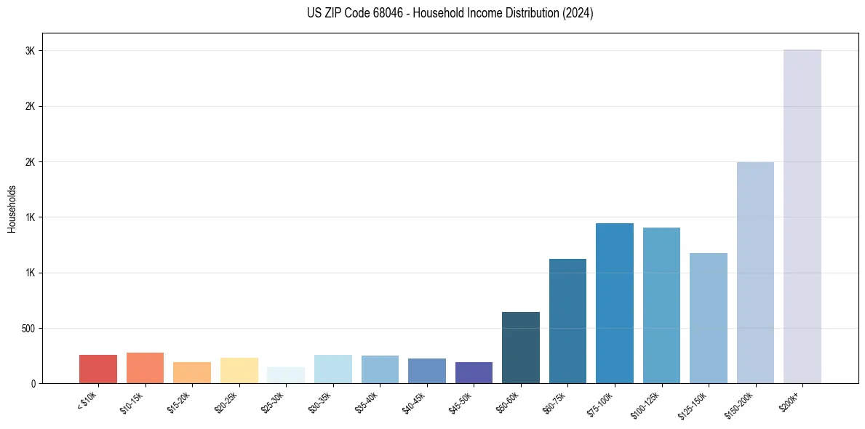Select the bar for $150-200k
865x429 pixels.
pyautogui.click(x=755, y=272)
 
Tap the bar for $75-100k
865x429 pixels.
pyautogui.click(x=614, y=302)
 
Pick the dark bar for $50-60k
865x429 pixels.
pyautogui.click(x=520, y=347)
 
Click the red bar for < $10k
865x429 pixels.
pyautogui.click(x=98, y=369)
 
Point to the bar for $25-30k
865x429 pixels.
pyautogui.click(x=286, y=374)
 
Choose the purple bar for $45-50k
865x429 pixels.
pyautogui.click(x=474, y=372)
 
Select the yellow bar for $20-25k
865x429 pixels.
pyautogui.click(x=239, y=370)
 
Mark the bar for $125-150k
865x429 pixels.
pyautogui.click(x=708, y=318)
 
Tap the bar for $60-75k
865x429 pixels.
pyautogui.click(x=567, y=321)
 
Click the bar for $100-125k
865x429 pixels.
pyautogui.click(x=661, y=305)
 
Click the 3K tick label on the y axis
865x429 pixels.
pyautogui.click(x=29, y=51)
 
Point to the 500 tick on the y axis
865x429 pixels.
pyautogui.click(x=27, y=328)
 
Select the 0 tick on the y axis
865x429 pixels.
pyautogui.click(x=33, y=383)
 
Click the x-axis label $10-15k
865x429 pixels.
pyautogui.click(x=132, y=401)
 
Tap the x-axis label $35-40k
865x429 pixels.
pyautogui.click(x=367, y=401)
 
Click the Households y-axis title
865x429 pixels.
pyautogui.click(x=12, y=208)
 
